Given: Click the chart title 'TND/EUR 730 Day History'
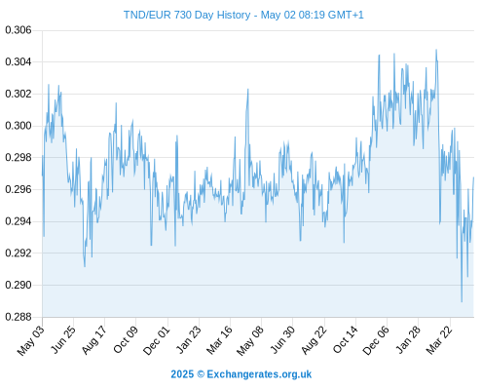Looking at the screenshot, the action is (187, 15).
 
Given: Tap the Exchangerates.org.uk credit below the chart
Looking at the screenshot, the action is (259, 374).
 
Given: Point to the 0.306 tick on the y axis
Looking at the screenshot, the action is (19, 30).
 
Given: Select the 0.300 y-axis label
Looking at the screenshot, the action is (19, 126).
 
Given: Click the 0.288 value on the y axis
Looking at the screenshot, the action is (19, 317).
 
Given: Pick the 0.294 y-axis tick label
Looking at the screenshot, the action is (19, 221).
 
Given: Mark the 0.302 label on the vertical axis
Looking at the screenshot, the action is (19, 94).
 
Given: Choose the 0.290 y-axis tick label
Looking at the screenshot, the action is (19, 285).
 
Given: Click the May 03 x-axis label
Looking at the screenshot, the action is (31, 340).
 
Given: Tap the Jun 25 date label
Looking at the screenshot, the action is (63, 339).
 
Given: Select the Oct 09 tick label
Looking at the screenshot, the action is (126, 339).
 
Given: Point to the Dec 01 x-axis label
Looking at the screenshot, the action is (156, 340).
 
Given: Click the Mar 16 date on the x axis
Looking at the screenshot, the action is (219, 340).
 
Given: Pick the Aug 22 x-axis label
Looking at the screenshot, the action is (314, 340).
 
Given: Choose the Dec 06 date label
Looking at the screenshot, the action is (376, 340).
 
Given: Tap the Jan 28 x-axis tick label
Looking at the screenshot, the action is (408, 340).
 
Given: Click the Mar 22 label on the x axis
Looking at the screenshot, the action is (439, 340).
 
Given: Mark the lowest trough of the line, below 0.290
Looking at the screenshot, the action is (462, 302).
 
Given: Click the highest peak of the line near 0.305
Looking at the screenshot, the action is (436, 50).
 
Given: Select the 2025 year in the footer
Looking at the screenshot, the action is (182, 374).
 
